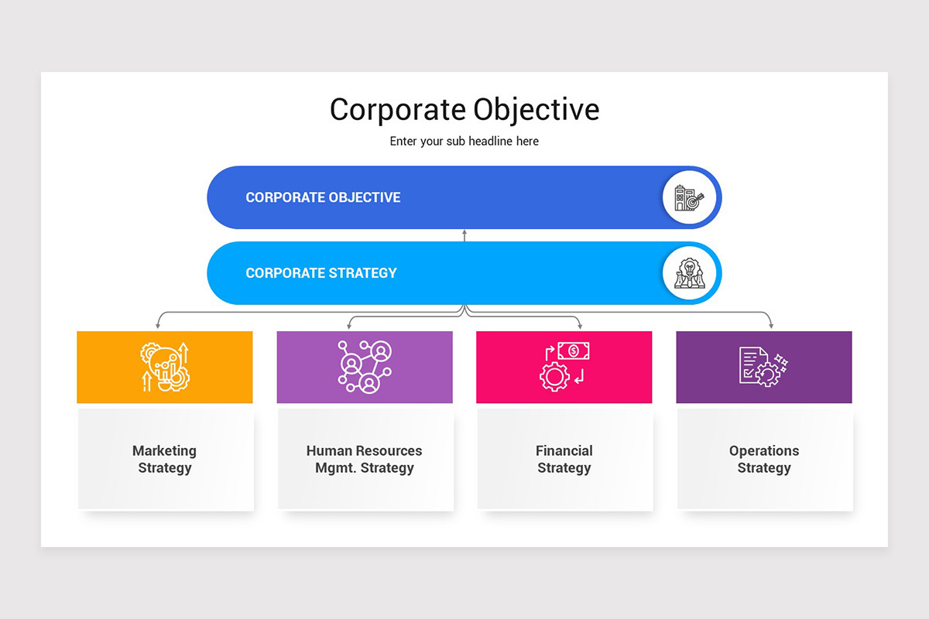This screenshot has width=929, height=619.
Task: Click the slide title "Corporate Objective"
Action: (464, 109)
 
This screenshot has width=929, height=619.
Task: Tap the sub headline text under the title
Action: (464, 142)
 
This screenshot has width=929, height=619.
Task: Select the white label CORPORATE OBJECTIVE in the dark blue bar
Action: (323, 197)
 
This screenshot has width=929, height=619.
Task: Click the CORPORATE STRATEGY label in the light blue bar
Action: (321, 273)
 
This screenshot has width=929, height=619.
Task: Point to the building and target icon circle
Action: (689, 197)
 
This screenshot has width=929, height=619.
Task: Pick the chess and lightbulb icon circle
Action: (689, 273)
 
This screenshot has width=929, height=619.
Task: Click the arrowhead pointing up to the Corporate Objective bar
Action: (464, 232)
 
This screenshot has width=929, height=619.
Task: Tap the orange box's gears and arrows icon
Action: (165, 367)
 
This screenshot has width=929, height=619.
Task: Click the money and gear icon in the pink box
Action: (564, 366)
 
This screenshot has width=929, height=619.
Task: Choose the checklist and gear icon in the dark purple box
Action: (763, 366)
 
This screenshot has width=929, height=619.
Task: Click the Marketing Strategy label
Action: (164, 459)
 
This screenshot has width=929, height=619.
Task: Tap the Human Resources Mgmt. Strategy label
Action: (365, 459)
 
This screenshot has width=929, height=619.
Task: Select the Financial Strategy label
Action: (564, 459)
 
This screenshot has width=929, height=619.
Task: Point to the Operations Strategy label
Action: (764, 459)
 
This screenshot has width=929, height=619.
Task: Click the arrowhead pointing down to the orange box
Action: (158, 326)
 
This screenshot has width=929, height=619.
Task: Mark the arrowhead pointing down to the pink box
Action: (580, 326)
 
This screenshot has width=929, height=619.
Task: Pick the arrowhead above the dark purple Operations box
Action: (770, 326)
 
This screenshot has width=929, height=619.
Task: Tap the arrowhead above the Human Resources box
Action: (349, 326)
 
